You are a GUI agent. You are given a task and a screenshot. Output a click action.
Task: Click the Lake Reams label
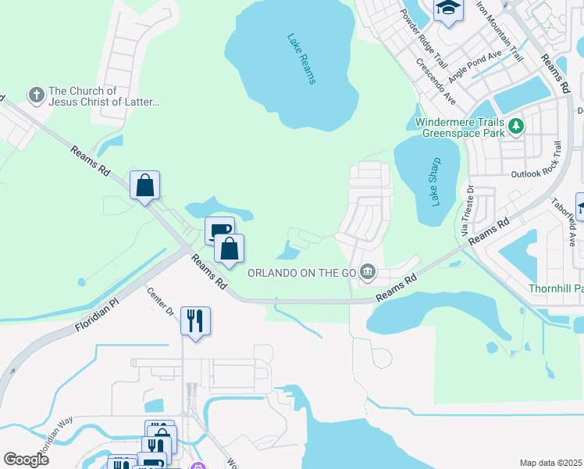pos(301,59)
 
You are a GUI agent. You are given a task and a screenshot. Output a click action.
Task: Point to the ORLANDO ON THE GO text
pos(302,273)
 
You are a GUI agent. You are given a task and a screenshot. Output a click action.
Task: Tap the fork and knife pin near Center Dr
pos(195,320)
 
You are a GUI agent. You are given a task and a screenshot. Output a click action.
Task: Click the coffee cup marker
pos(219,231)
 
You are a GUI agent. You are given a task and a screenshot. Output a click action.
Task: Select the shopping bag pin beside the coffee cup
pos(229,249)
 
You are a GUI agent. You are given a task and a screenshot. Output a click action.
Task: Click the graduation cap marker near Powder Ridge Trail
pos(448,9)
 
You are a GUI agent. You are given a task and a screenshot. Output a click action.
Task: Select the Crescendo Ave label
pos(436,82)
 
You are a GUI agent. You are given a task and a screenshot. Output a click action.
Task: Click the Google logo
pos(27,459)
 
